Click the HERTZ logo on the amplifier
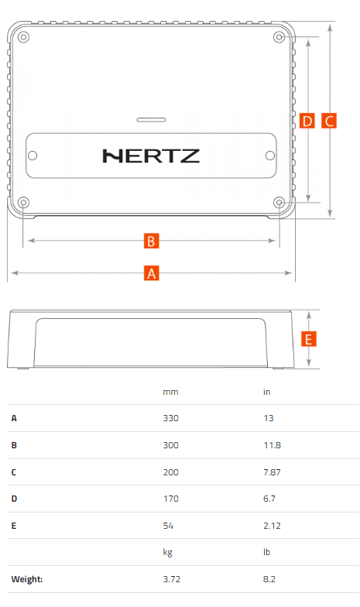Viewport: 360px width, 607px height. click(x=151, y=156)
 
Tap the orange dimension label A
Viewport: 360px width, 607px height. click(x=152, y=273)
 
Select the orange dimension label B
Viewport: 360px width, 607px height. click(x=152, y=241)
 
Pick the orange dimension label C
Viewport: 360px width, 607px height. click(x=329, y=121)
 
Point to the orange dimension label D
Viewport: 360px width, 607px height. click(x=307, y=121)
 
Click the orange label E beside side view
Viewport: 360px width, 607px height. click(x=308, y=339)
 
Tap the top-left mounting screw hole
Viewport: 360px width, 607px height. click(x=23, y=37)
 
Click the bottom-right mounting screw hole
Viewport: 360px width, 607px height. click(x=279, y=203)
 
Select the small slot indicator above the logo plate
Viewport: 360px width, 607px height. click(x=152, y=119)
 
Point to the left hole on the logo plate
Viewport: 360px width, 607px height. click(x=33, y=156)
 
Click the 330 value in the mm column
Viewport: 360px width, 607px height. click(x=170, y=418)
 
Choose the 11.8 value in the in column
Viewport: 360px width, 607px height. click(x=273, y=445)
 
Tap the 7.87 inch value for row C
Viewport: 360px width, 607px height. click(x=272, y=472)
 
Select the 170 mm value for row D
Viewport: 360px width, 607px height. click(x=170, y=499)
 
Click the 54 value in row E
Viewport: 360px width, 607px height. click(x=168, y=526)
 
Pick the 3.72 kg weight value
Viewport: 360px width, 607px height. click(x=172, y=579)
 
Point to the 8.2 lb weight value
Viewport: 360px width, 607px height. click(x=269, y=579)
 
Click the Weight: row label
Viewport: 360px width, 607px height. click(x=26, y=579)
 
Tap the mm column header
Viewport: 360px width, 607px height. click(x=170, y=392)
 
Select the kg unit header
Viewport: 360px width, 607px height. click(x=167, y=553)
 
